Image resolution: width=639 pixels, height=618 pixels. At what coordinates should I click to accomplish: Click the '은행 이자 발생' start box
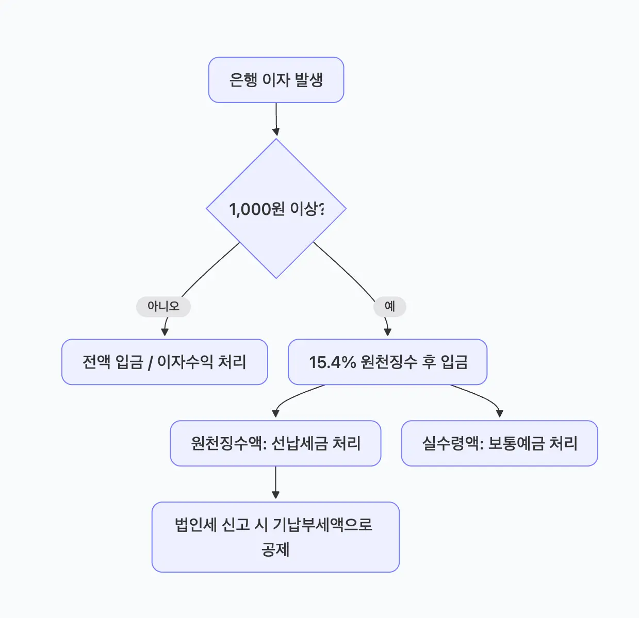click(x=276, y=80)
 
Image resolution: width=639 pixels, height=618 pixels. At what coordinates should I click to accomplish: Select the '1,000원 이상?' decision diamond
click(x=276, y=208)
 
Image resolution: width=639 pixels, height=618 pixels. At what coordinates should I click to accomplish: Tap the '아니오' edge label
click(x=163, y=306)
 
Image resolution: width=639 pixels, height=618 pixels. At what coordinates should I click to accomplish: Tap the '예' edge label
click(x=389, y=306)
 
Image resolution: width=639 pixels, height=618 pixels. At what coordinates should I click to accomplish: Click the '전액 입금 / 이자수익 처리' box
click(x=165, y=362)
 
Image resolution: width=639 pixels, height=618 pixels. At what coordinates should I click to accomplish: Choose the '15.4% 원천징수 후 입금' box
click(x=387, y=362)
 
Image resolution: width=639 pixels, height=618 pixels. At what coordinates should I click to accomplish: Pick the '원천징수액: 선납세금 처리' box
click(x=275, y=443)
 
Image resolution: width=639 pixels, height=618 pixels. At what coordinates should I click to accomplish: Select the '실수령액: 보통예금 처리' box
click(x=499, y=443)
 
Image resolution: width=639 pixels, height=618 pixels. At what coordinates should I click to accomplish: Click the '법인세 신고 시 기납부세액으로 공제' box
click(x=275, y=537)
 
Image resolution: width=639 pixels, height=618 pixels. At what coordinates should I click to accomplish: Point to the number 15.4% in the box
click(x=332, y=362)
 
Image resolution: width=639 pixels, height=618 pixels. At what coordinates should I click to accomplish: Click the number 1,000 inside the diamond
click(x=250, y=209)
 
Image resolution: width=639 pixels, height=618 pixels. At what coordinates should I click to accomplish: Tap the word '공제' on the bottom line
click(x=275, y=549)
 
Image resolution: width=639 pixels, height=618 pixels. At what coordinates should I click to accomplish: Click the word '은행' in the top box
click(x=243, y=80)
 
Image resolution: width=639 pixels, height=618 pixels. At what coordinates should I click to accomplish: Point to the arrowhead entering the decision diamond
click(x=276, y=132)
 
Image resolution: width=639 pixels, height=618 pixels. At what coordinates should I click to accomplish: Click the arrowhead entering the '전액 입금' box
click(x=165, y=332)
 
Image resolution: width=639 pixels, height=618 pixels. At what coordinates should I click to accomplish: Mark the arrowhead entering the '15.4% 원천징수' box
click(x=388, y=332)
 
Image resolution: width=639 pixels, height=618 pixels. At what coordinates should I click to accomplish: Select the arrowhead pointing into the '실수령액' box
click(x=499, y=413)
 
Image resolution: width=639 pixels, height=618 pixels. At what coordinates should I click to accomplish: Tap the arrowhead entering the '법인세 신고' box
click(x=275, y=495)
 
